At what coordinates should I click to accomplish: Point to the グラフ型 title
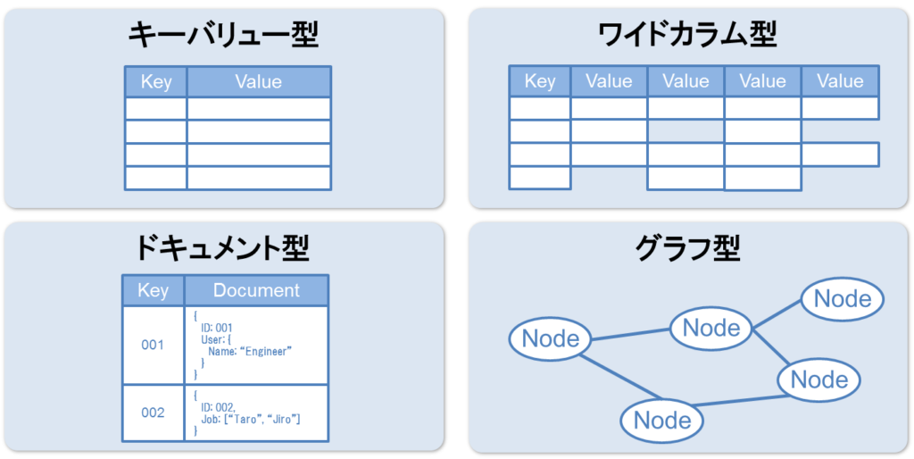(x=688, y=249)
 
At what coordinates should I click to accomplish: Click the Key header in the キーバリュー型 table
(x=156, y=81)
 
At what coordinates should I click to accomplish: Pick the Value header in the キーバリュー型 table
(x=259, y=81)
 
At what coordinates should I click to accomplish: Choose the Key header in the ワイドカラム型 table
(x=540, y=81)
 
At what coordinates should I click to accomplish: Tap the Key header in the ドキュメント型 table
(x=154, y=290)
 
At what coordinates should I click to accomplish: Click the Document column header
(x=256, y=290)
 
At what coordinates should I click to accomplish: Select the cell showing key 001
(x=154, y=346)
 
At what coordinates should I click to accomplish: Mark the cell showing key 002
(x=154, y=413)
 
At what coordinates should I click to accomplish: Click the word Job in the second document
(x=207, y=420)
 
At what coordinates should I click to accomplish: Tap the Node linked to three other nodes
(x=711, y=328)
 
